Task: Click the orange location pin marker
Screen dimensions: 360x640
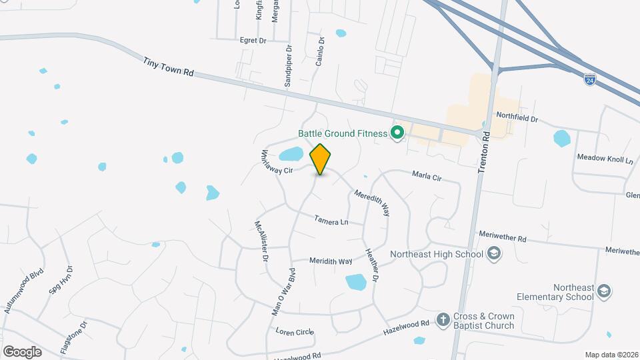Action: click(321, 159)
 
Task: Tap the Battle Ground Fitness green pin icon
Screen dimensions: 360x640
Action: click(398, 133)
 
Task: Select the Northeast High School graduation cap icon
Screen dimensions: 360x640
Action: click(494, 253)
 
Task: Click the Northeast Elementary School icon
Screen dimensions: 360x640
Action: click(604, 291)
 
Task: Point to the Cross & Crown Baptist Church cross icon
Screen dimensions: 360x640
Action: click(443, 320)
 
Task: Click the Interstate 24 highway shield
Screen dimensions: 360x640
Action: click(589, 79)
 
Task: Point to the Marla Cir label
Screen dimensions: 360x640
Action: click(427, 177)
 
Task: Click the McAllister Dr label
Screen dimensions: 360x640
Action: click(261, 241)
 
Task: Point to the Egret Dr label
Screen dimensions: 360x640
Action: click(253, 41)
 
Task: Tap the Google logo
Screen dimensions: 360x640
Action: click(22, 351)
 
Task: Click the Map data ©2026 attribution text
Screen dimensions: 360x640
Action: click(611, 355)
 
